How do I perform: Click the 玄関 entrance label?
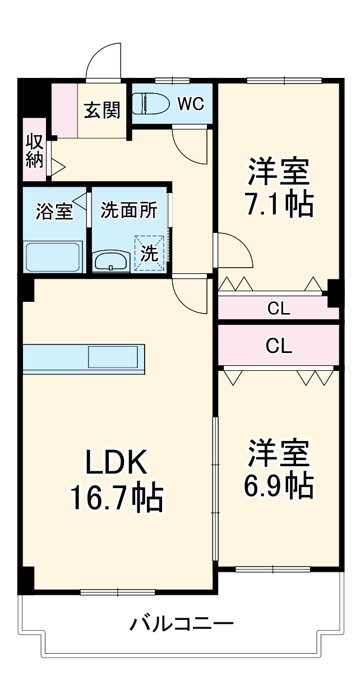tap(102, 111)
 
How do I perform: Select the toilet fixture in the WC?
tap(150, 104)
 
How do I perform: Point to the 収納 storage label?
tap(34, 150)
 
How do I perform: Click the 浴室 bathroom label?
tap(54, 212)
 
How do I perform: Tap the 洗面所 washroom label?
tap(129, 210)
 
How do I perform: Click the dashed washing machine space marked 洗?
tap(150, 253)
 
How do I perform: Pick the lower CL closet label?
tap(279, 346)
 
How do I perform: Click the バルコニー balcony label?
tap(182, 623)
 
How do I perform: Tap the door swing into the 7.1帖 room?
tap(234, 251)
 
